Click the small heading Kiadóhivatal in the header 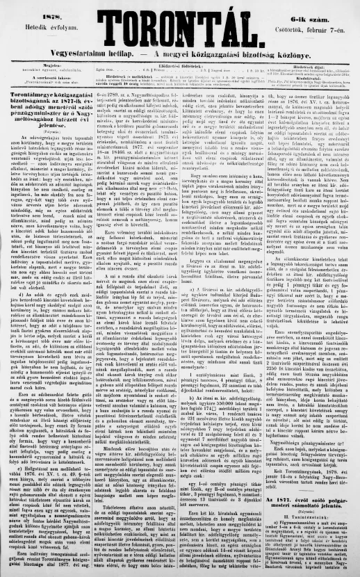click(x=318, y=77)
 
